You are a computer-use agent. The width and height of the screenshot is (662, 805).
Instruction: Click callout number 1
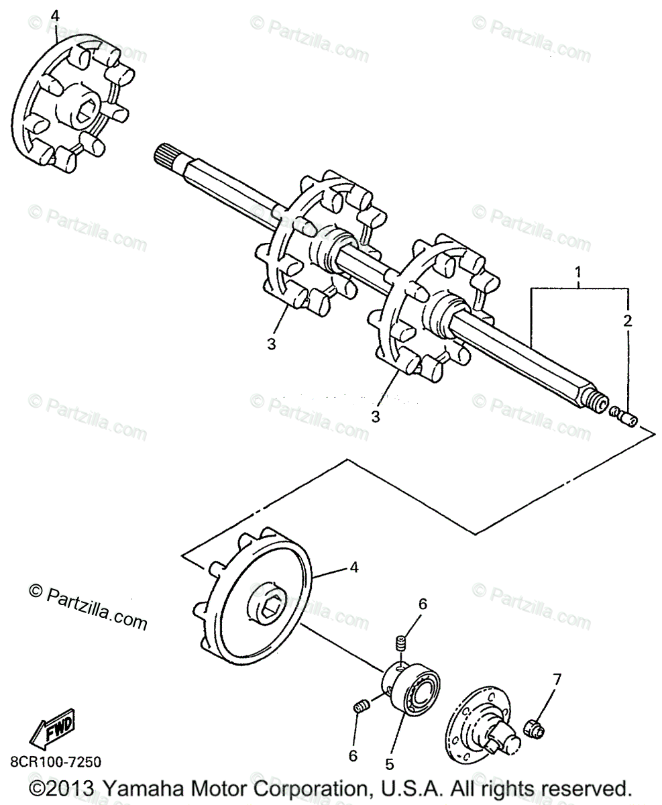pyautogui.click(x=577, y=272)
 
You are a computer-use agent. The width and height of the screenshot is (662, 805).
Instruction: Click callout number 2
pyautogui.click(x=627, y=320)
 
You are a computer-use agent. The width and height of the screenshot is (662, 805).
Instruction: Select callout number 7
pyautogui.click(x=556, y=679)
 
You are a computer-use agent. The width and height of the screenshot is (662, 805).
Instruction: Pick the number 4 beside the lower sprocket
pyautogui.click(x=353, y=568)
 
